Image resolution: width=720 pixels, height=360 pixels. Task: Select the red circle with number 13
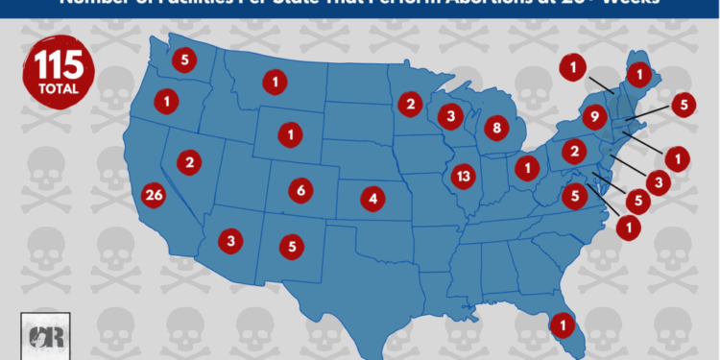[464, 176]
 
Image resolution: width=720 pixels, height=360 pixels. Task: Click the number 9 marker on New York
[594, 119]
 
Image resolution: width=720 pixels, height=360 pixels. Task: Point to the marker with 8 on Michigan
[496, 127]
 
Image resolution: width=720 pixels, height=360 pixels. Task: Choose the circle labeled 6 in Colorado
[300, 190]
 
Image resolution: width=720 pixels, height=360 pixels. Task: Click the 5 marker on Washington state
[185, 60]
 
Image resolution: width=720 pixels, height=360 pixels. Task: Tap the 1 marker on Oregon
[168, 99]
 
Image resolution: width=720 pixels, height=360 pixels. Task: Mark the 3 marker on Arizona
[229, 239]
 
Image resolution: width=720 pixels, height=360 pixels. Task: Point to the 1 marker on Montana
[276, 83]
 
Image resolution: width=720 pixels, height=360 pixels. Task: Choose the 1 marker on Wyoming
[289, 133]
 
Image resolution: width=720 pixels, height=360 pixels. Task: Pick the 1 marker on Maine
[638, 72]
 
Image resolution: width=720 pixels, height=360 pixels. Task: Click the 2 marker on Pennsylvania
[573, 151]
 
